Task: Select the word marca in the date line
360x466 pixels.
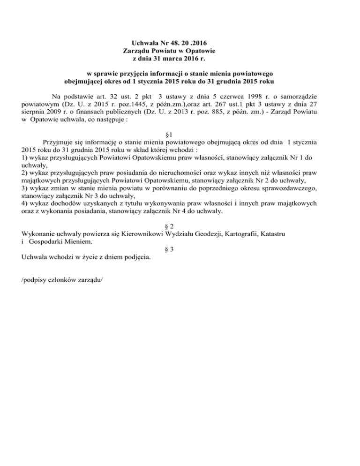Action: click(x=170, y=59)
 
